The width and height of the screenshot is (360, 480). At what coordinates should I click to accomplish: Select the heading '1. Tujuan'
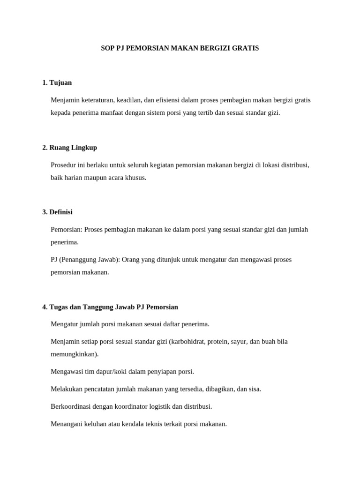click(57, 82)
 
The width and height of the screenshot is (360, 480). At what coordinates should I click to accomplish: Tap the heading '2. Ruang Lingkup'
click(69, 147)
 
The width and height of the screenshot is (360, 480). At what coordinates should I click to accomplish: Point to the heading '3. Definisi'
click(57, 212)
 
